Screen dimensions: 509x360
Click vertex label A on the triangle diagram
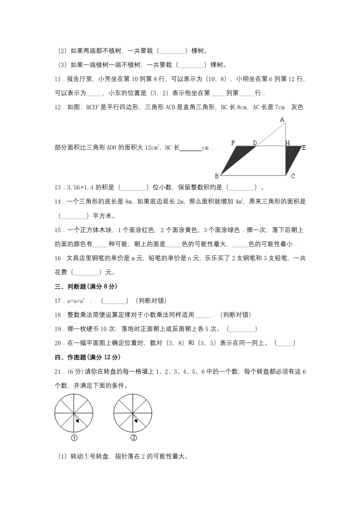pos(282,119)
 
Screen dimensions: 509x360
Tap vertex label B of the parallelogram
pos(217,176)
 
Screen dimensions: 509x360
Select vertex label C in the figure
pos(293,176)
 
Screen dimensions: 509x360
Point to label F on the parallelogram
pos(233,143)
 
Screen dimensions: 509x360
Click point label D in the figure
pos(255,143)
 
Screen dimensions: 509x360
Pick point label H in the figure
pos(287,143)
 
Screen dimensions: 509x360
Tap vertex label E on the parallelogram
pos(304,147)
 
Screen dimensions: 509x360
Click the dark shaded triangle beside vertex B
pos(238,157)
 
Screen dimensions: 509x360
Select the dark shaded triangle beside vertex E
pos(291,157)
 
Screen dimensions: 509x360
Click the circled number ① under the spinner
pos(74,438)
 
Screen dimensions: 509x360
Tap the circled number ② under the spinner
pos(133,438)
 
